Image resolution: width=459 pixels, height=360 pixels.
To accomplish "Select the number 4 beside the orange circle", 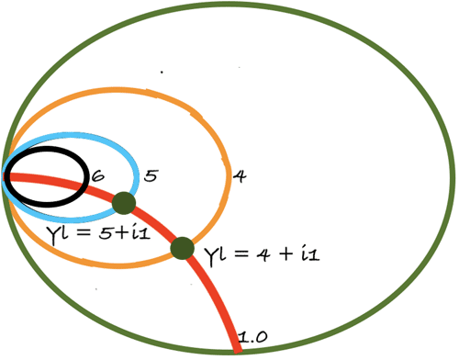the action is [238, 173].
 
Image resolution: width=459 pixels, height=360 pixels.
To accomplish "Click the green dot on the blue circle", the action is [124, 203].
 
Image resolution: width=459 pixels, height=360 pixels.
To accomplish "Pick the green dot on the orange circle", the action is [183, 247].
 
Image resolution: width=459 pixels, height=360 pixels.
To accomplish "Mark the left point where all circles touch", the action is [6, 174].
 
